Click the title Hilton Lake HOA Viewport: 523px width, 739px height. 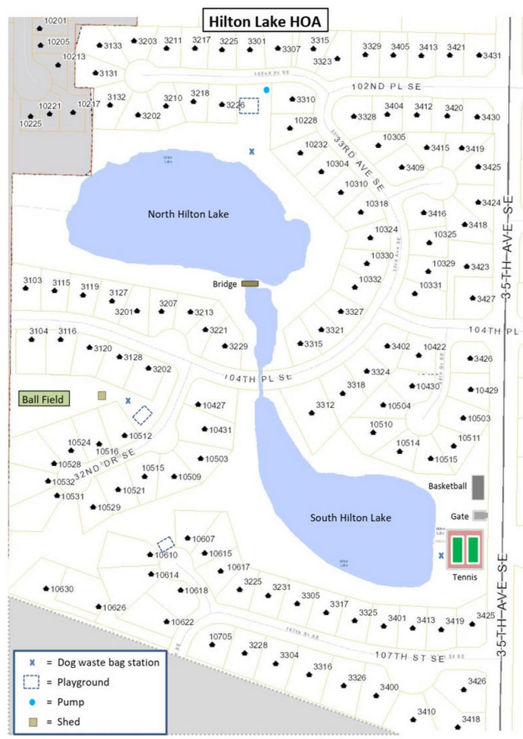[x=264, y=22]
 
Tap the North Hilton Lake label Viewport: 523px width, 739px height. [x=189, y=214]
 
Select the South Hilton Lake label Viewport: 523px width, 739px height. [x=351, y=518]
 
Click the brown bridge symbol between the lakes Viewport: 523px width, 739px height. [x=250, y=283]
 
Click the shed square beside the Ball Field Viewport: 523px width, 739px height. [x=102, y=395]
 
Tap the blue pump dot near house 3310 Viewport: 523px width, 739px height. [x=266, y=90]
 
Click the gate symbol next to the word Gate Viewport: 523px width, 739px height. [x=480, y=515]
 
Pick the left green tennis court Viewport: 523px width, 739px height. [x=457, y=550]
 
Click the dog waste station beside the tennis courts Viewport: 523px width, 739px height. [x=441, y=555]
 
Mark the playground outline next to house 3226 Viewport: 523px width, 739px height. [x=249, y=106]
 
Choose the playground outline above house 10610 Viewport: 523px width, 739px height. [x=166, y=543]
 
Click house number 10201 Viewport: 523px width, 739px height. [x=56, y=21]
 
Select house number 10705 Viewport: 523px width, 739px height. [x=220, y=636]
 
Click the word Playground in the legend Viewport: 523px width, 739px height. [x=83, y=682]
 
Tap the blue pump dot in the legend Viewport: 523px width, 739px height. [x=32, y=702]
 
